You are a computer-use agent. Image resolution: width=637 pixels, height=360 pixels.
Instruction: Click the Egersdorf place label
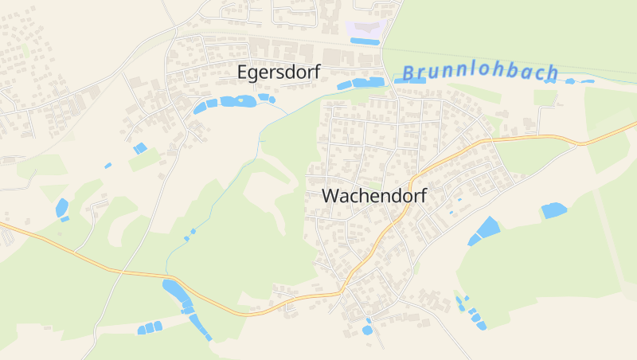point(279,72)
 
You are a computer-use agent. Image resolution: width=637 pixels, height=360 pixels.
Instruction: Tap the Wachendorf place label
point(374,195)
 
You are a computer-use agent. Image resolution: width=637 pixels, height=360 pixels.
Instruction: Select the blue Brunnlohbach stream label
point(479,72)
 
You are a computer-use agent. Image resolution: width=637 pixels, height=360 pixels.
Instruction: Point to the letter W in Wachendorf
point(330,195)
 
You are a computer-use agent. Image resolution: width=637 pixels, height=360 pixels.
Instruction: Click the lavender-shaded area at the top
point(365,29)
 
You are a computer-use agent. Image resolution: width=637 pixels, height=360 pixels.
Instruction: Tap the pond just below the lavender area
point(365,41)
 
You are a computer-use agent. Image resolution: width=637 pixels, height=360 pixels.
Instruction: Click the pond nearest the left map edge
point(61,208)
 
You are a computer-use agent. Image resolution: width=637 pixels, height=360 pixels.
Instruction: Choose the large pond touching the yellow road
point(174,290)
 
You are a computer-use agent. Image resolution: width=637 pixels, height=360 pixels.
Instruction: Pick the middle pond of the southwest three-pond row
point(149,327)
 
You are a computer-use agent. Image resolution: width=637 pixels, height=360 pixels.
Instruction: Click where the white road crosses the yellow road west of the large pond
point(122,272)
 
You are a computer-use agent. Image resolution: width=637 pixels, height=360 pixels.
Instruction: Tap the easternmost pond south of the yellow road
point(553,210)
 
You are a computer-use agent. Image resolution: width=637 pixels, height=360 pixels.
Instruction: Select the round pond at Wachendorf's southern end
point(367,330)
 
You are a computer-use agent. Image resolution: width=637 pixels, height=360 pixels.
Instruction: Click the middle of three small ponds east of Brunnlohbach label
point(570,81)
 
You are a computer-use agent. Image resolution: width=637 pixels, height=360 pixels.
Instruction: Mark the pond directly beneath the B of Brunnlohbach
point(409,80)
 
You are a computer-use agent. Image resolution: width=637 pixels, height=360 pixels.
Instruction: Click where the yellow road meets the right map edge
point(635,123)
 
